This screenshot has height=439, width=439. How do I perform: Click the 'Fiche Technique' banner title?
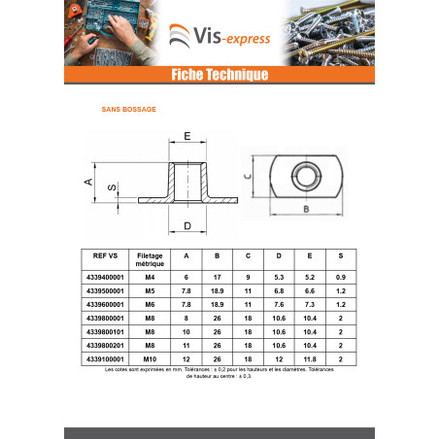coord(219,75)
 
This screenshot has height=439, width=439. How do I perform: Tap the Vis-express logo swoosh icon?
coord(180,36)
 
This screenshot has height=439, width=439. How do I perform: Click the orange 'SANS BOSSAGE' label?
coord(129,110)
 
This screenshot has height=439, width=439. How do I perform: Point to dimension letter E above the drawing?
coord(187,136)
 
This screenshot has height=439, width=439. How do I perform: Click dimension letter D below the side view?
coord(187,226)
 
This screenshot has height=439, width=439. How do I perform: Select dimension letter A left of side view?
coord(88,182)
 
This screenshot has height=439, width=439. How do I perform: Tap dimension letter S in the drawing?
coord(112,187)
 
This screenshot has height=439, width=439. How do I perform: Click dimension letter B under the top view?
coord(306,209)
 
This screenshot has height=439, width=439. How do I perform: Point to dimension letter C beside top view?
coord(248,176)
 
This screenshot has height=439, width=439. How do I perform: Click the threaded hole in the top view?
coord(306,176)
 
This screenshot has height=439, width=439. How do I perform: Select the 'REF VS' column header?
coord(105,255)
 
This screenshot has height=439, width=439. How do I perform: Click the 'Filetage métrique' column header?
coord(150,259)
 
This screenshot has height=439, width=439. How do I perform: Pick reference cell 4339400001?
coord(105,277)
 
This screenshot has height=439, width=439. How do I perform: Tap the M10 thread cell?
coord(150,359)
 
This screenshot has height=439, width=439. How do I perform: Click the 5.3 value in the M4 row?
coord(279,277)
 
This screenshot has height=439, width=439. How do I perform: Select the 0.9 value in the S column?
coord(341,277)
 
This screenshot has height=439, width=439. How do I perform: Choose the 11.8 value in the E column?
coord(310,359)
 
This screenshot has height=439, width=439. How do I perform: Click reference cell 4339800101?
coord(105,332)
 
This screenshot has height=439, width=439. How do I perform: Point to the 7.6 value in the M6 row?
coord(279,304)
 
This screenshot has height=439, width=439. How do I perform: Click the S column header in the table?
coord(341,255)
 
